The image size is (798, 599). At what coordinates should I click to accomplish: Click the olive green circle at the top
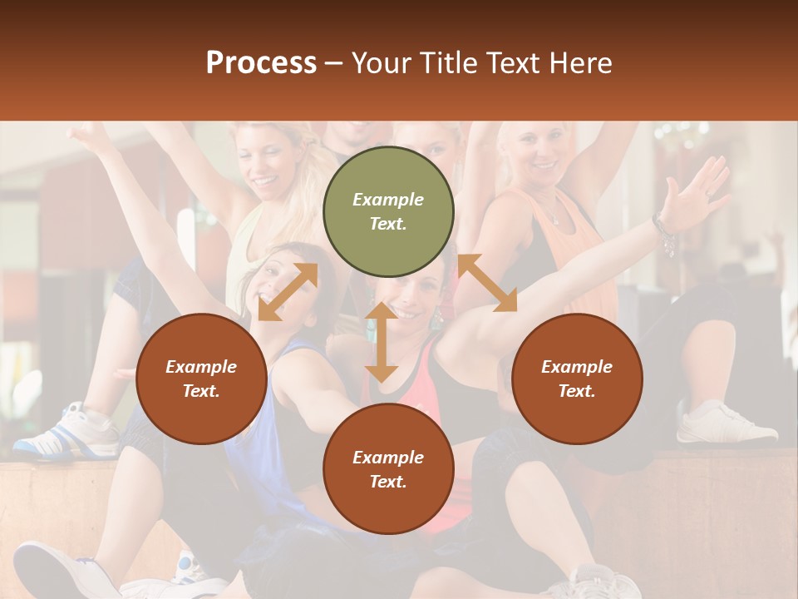[388, 212]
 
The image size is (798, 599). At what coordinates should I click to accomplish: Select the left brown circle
[201, 379]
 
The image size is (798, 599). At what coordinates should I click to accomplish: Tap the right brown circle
[577, 379]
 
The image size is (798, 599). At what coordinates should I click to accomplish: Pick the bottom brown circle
[388, 469]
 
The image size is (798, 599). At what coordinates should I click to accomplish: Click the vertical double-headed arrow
[382, 341]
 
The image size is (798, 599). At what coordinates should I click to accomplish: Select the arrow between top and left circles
[288, 291]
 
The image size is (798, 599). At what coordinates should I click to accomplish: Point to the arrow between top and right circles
[487, 283]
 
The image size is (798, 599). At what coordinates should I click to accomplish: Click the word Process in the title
[261, 62]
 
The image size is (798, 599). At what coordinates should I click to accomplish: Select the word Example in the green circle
[388, 200]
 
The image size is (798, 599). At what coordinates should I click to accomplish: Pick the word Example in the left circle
[201, 367]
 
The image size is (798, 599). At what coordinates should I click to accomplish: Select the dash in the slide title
[333, 63]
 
